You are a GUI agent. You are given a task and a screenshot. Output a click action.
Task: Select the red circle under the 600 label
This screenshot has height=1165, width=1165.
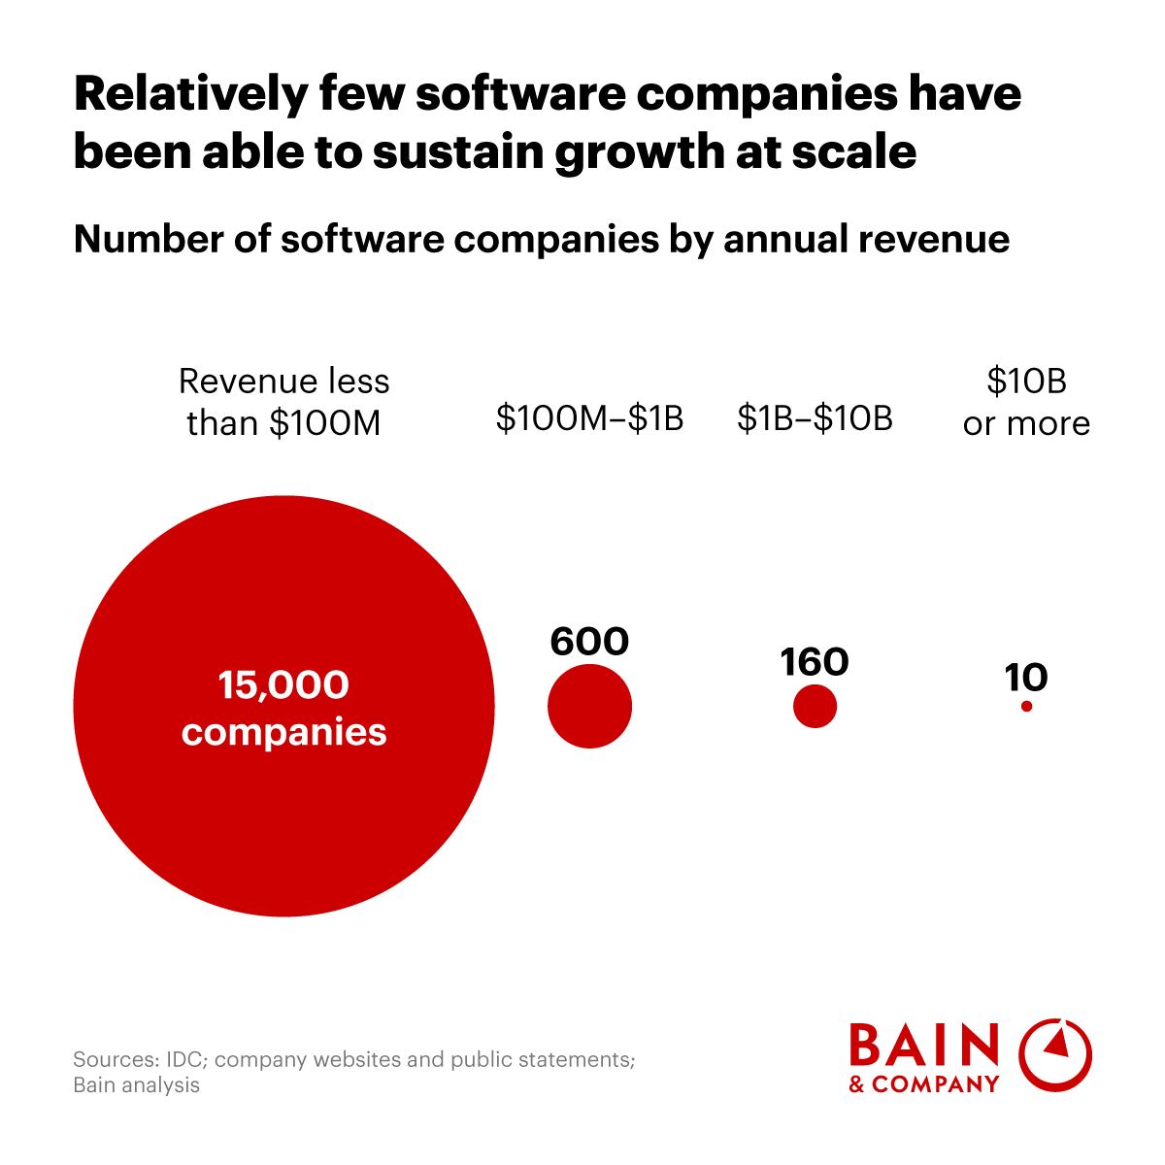click(589, 707)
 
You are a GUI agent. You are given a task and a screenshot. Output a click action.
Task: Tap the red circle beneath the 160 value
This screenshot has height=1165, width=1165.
click(815, 706)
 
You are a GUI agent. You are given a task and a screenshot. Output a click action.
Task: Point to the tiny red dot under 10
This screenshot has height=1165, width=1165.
click(1026, 707)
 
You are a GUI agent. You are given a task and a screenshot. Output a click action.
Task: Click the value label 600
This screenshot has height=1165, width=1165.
click(589, 642)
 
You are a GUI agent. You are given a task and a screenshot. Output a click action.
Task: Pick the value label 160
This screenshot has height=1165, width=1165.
click(815, 662)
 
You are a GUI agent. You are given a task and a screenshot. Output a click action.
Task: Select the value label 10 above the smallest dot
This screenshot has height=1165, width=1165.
click(1026, 677)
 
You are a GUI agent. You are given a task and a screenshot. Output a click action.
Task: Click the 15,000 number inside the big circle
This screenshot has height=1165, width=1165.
click(283, 685)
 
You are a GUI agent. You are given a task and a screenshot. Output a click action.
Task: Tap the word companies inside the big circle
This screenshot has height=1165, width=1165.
click(283, 731)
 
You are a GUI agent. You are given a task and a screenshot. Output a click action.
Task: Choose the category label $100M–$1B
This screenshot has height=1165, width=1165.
click(589, 418)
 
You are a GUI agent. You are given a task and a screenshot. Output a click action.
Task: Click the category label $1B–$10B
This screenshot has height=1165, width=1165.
click(815, 418)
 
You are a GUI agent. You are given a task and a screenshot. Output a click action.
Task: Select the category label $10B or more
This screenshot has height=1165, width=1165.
click(1026, 402)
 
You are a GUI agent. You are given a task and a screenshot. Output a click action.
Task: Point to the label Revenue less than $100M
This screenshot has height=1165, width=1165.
click(283, 402)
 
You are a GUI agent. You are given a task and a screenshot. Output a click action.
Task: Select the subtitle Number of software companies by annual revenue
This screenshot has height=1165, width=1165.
click(541, 239)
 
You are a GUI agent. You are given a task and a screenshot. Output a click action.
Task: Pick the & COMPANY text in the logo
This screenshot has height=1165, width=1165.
click(924, 1084)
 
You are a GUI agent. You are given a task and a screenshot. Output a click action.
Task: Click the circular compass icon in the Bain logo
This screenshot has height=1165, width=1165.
click(1055, 1054)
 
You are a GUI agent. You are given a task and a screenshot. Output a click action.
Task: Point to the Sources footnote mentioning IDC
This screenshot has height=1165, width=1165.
click(353, 1072)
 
